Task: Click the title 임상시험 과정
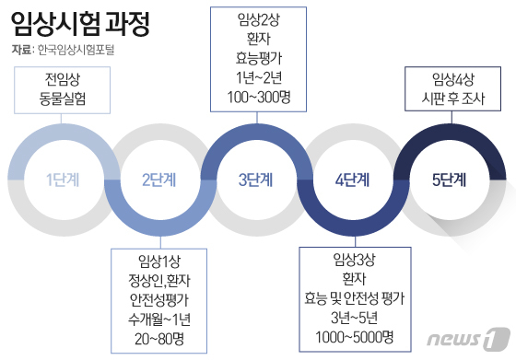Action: click(x=80, y=24)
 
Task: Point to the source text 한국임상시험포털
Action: click(x=76, y=50)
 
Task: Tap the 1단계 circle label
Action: click(x=63, y=180)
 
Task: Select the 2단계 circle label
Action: click(x=158, y=180)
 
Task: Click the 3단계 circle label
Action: click(x=256, y=180)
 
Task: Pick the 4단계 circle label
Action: click(x=352, y=180)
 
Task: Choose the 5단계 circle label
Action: click(x=450, y=180)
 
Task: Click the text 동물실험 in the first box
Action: click(x=63, y=99)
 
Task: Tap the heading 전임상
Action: click(x=63, y=79)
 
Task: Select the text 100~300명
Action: click(x=259, y=97)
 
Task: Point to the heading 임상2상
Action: click(x=259, y=19)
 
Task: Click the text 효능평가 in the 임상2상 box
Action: click(x=259, y=58)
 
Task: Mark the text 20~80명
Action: click(x=159, y=339)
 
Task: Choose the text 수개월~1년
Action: click(x=159, y=319)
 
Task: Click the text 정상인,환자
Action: click(x=159, y=281)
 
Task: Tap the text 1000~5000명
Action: click(x=355, y=337)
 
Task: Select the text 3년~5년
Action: click(x=355, y=318)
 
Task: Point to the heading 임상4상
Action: click(x=453, y=79)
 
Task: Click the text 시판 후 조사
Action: click(x=453, y=99)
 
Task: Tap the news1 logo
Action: click(x=468, y=338)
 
